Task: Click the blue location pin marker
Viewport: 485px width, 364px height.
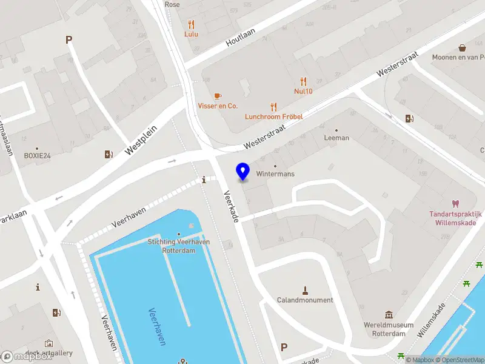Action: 243,172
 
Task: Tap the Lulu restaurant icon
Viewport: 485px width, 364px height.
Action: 192,24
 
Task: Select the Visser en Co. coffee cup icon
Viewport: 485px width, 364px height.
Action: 218,96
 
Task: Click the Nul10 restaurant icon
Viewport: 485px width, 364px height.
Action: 303,81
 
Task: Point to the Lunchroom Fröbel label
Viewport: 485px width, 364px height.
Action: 273,116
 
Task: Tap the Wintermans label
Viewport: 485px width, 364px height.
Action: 275,174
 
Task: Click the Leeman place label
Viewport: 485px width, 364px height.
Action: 336,138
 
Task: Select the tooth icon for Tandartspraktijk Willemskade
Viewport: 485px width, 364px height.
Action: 455,204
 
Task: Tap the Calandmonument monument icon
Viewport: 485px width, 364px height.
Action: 305,290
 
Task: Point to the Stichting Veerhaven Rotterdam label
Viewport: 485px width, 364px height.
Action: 179,246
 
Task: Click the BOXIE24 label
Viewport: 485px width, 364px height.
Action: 37,156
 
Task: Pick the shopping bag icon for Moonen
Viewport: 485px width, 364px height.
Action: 462,47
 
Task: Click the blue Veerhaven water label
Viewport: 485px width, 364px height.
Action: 156,327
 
